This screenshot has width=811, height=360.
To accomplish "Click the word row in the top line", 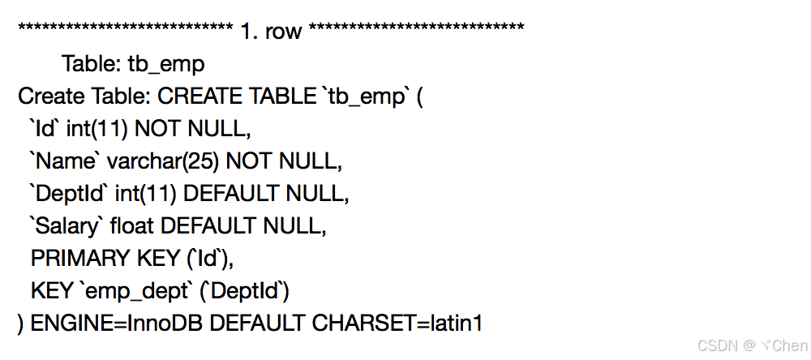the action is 283,32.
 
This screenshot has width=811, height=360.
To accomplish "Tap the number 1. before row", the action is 249,32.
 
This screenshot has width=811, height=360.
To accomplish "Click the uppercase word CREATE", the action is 195,96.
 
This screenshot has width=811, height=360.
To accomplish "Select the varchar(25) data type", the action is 163,161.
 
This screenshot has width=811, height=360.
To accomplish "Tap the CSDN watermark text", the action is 717,345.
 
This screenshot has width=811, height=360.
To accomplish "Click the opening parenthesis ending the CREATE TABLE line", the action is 418,96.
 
